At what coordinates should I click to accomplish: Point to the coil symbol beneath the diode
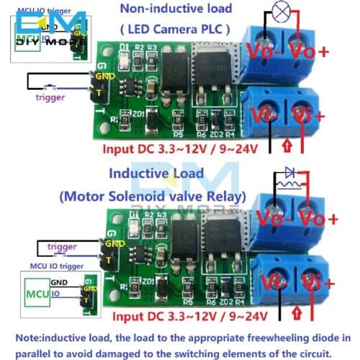point(288,185)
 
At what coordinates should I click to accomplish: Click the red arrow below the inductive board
point(297,313)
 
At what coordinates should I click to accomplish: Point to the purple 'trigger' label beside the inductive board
point(62,247)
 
